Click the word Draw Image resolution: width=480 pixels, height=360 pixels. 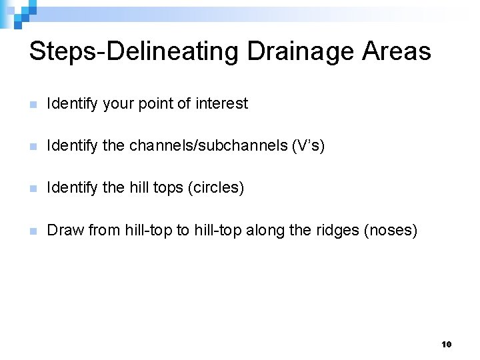click(65, 231)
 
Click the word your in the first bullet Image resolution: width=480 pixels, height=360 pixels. click(118, 104)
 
